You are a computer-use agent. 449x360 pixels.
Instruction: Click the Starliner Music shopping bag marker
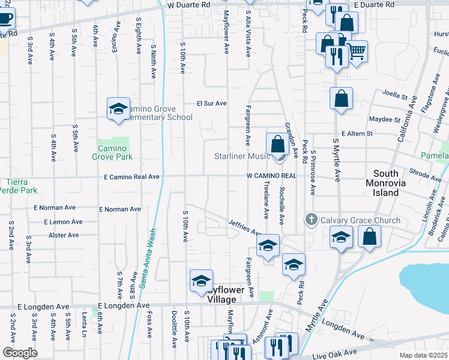click(277, 145)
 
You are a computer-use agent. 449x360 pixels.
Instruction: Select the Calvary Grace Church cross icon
click(311, 220)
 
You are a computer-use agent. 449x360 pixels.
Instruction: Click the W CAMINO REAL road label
click(271, 176)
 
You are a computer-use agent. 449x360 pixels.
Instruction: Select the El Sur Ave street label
click(212, 103)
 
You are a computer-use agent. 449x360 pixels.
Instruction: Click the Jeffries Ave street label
click(245, 227)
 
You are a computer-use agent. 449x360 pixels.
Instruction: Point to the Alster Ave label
click(64, 235)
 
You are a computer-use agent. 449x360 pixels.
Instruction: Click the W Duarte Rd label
click(188, 4)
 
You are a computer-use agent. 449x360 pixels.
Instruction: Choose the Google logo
click(20, 353)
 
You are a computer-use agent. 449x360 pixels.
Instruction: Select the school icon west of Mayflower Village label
click(201, 281)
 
